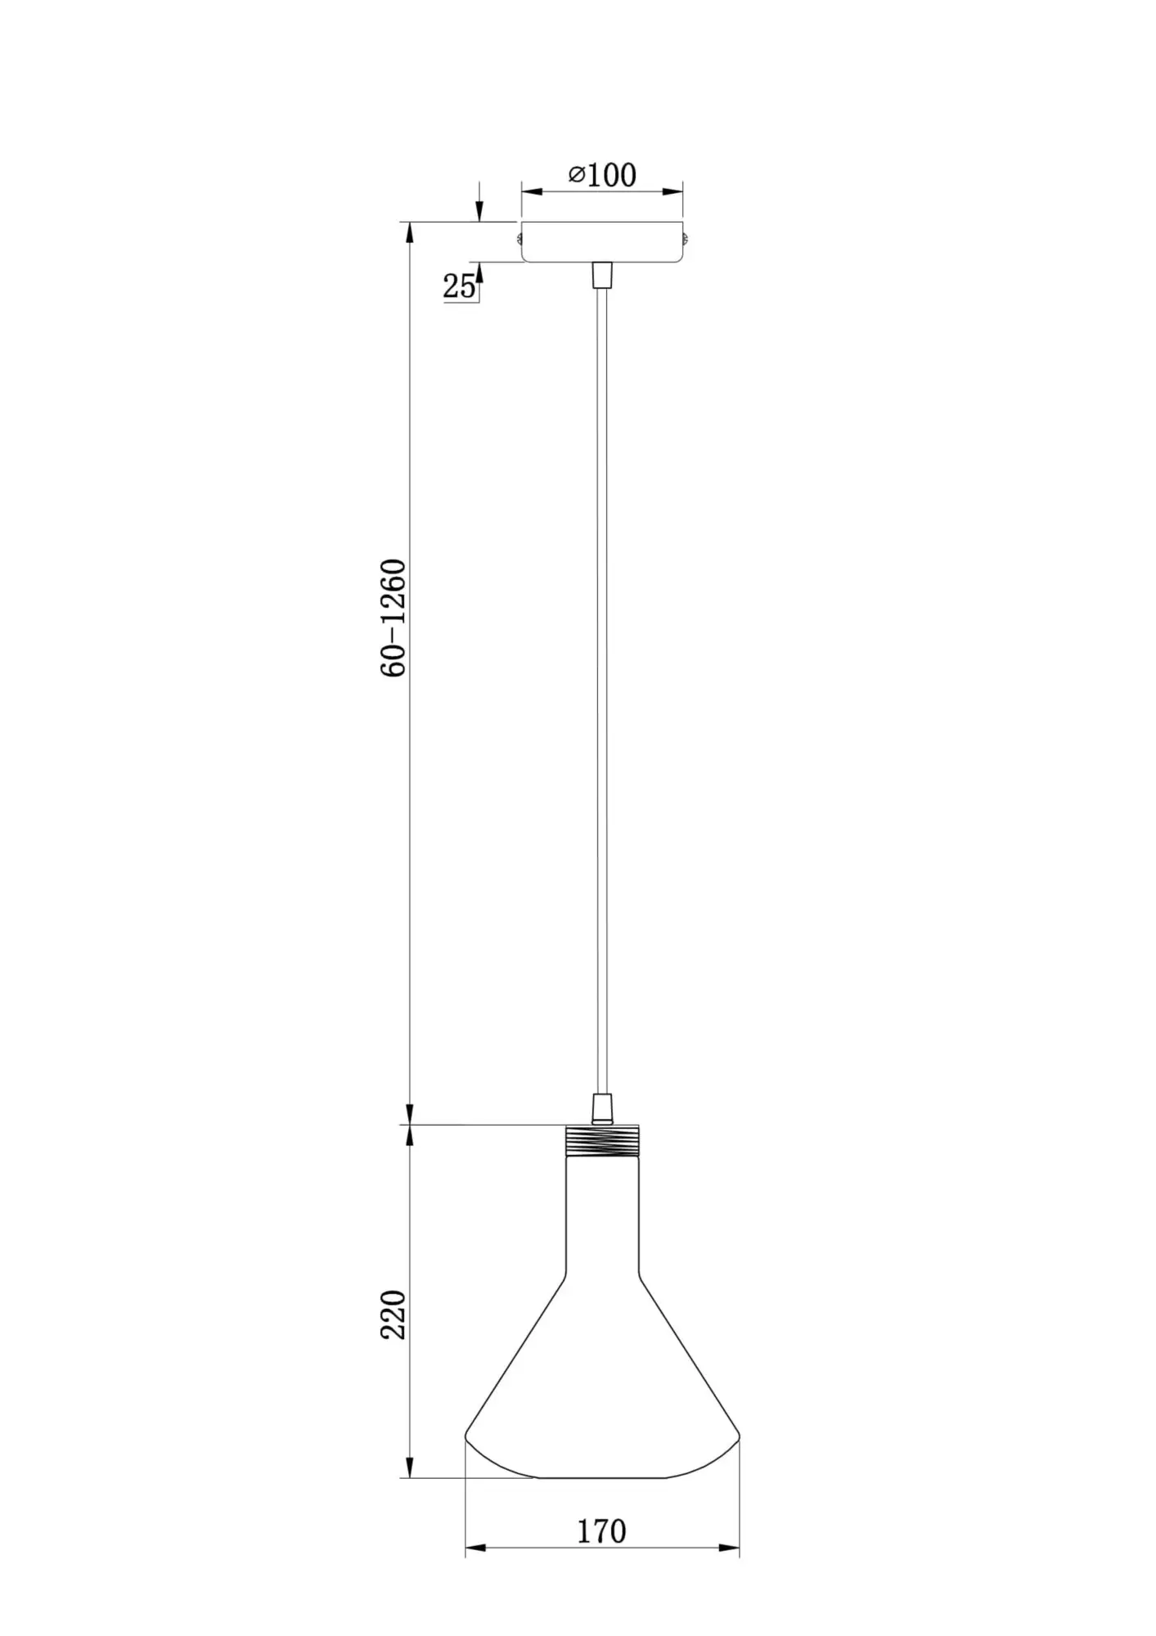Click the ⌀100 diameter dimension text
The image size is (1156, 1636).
pyautogui.click(x=602, y=175)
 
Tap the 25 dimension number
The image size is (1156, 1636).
pyautogui.click(x=459, y=286)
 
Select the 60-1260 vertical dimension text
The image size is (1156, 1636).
pyautogui.click(x=394, y=618)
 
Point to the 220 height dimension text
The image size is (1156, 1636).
pyautogui.click(x=394, y=1315)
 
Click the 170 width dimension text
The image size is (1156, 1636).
pyautogui.click(x=602, y=1531)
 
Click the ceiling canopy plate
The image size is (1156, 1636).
pyautogui.click(x=602, y=242)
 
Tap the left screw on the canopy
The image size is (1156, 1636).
pyautogui.click(x=519, y=239)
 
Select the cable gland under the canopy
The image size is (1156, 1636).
pyautogui.click(x=602, y=275)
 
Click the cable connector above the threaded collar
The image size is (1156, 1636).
pyautogui.click(x=602, y=1108)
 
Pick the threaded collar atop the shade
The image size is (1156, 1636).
pyautogui.click(x=602, y=1139)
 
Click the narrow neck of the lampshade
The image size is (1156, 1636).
pyautogui.click(x=602, y=1211)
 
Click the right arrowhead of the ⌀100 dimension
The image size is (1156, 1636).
pyautogui.click(x=673, y=192)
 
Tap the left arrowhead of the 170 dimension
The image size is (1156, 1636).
pyautogui.click(x=475, y=1548)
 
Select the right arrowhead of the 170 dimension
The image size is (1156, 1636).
pyautogui.click(x=730, y=1548)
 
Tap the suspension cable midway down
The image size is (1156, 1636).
pyautogui.click(x=602, y=687)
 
